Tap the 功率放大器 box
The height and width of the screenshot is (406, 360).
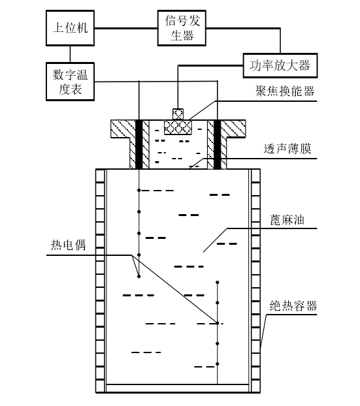[279, 65]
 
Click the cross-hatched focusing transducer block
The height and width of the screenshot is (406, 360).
[178, 126]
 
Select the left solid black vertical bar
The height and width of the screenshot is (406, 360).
[139, 144]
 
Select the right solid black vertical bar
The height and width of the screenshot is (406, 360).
[217, 144]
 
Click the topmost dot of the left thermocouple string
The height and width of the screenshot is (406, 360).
[139, 191]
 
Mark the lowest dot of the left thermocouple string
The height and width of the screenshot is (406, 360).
[139, 277]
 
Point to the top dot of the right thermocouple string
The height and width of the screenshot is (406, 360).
[217, 282]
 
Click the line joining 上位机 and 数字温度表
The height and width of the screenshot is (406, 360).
[67, 54]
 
